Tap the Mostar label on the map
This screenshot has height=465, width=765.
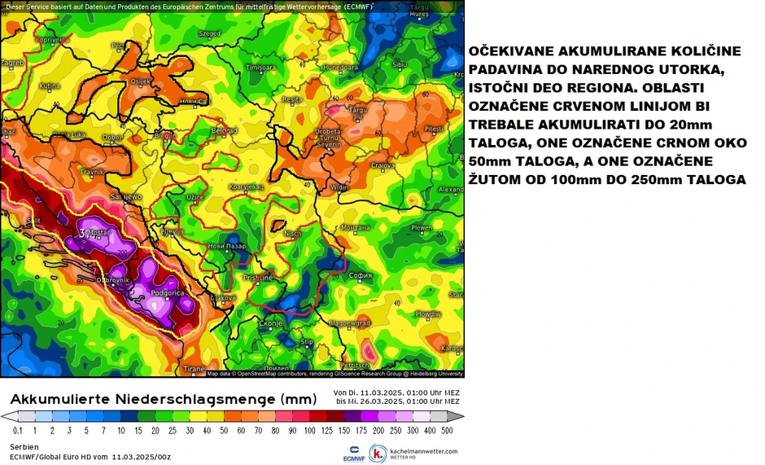[x=99, y=232]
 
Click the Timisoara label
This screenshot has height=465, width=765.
[x=261, y=67]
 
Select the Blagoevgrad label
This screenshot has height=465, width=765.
[x=344, y=323]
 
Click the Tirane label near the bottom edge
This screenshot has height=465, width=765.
[x=194, y=369]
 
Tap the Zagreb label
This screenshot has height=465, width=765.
[x=13, y=62]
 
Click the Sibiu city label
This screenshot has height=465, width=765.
[x=399, y=64]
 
